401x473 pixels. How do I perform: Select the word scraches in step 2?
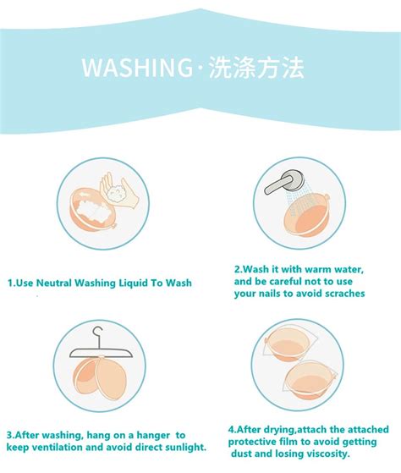pos(341,294)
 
